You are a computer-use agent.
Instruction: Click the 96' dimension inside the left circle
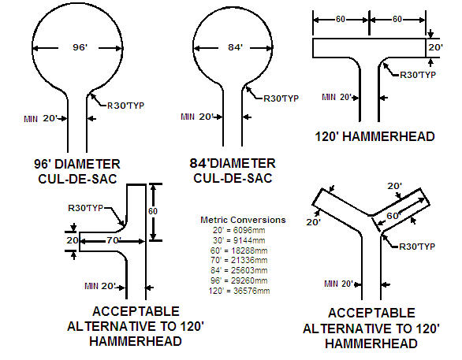(x=80, y=47)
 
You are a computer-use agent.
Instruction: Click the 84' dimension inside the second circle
(x=236, y=47)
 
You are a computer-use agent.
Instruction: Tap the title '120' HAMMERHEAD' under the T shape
(x=374, y=137)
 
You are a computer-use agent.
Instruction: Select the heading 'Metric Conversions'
(x=243, y=220)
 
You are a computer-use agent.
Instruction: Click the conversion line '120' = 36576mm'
(x=239, y=291)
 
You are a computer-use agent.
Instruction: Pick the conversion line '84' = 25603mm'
(x=239, y=270)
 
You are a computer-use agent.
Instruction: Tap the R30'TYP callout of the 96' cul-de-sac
(x=126, y=106)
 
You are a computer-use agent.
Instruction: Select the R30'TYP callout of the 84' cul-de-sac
(x=281, y=98)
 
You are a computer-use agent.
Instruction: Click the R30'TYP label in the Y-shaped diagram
(x=417, y=247)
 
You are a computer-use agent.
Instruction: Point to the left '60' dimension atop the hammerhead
(x=341, y=19)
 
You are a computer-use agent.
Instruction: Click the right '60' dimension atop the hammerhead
(x=397, y=19)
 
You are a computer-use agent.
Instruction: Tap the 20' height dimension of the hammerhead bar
(x=435, y=47)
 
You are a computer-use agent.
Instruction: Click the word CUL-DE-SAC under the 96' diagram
(x=77, y=179)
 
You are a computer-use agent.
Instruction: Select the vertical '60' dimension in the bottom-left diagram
(x=153, y=211)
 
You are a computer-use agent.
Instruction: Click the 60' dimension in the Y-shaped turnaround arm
(x=394, y=216)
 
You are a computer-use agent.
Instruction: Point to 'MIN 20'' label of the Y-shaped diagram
(x=338, y=284)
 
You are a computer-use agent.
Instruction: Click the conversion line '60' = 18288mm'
(x=239, y=251)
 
